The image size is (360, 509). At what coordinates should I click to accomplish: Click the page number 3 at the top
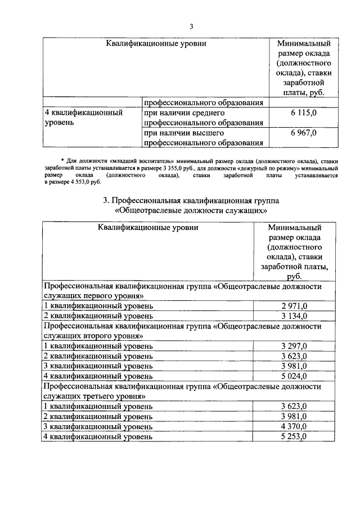click(191, 26)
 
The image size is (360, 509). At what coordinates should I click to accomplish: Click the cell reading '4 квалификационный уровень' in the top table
click(84, 118)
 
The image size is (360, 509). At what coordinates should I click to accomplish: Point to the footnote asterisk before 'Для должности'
click(62, 161)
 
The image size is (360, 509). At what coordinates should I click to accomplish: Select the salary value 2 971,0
click(294, 306)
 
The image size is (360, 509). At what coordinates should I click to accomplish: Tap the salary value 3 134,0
click(294, 316)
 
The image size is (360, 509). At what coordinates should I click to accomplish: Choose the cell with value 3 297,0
click(294, 346)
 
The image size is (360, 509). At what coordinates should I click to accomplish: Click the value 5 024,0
click(294, 376)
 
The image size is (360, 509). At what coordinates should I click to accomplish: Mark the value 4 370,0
click(294, 426)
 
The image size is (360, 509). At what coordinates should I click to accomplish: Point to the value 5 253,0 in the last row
click(294, 436)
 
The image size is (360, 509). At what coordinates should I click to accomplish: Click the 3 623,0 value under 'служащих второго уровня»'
click(294, 356)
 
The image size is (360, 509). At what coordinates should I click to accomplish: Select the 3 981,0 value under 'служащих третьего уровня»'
click(294, 416)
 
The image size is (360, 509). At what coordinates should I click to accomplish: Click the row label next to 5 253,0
click(98, 436)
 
